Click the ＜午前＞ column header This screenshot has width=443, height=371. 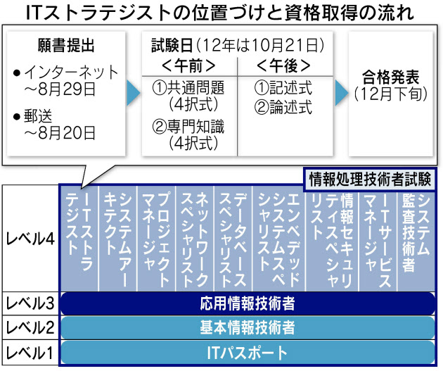(188, 67)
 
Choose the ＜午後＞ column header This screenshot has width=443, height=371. (283, 67)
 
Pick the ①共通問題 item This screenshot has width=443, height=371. (188, 89)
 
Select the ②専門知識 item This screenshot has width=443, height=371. (188, 129)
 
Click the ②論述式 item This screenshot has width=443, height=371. (283, 108)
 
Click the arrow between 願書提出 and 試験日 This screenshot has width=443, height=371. (131, 90)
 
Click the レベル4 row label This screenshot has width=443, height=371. (30, 239)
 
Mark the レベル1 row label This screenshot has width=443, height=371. (30, 351)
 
